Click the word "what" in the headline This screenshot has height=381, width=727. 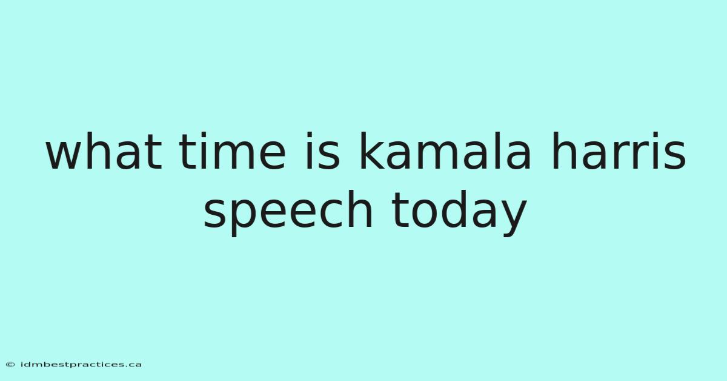click(104, 150)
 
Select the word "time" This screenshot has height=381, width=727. click(233, 150)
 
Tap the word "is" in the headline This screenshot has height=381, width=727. click(323, 150)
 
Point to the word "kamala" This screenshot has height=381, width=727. click(445, 150)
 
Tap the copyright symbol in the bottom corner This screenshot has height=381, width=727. click(10, 365)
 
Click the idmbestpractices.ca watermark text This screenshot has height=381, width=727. click(81, 365)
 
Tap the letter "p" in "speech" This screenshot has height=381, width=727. click(247, 218)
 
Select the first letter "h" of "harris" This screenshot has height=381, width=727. click(563, 150)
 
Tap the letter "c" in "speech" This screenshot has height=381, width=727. click(328, 214)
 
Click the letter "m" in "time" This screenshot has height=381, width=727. click(234, 155)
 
